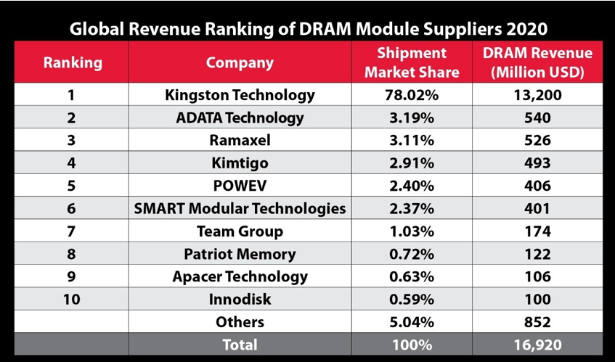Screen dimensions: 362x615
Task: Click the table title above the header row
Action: [308, 29]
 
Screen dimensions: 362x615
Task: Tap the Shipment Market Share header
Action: [412, 62]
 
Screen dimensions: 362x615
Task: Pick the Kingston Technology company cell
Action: [240, 95]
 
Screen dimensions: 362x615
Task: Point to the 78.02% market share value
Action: [412, 95]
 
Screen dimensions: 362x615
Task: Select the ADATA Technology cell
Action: [240, 118]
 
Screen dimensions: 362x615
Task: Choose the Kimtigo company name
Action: [240, 163]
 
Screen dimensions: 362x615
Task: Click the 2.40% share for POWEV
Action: [412, 186]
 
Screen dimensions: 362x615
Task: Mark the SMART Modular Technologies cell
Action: [240, 208]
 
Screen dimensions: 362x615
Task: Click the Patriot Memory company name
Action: [240, 254]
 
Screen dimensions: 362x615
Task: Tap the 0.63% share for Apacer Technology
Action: [412, 276]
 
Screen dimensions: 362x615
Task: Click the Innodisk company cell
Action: [240, 299]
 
